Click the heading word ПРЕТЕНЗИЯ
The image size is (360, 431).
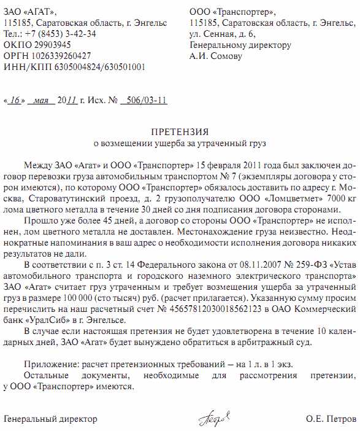180,133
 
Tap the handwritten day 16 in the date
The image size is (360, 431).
14,100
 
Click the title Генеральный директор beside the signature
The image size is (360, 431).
50,419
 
